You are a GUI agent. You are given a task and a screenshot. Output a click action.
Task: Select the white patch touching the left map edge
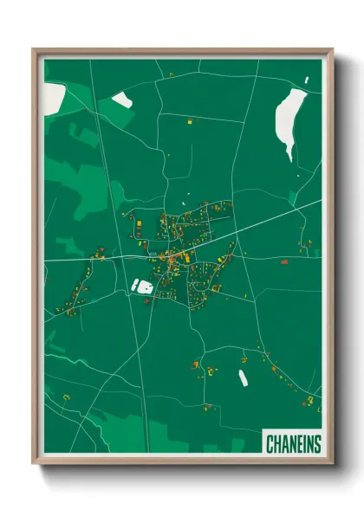tap(53, 96)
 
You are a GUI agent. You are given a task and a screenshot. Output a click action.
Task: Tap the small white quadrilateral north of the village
tap(122, 100)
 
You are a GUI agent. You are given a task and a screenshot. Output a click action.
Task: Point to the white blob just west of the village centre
tap(141, 285)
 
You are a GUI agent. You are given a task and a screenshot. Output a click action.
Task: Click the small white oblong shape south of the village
tap(244, 377)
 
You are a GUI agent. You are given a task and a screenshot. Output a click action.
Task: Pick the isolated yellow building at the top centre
tap(190, 124)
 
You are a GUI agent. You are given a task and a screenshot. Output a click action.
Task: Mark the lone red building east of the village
tap(283, 260)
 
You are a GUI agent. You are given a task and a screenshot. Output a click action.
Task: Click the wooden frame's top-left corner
tap(34, 50)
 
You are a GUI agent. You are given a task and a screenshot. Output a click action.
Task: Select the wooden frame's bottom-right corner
tap(332, 465)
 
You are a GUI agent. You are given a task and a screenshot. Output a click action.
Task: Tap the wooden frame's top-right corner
tap(332, 50)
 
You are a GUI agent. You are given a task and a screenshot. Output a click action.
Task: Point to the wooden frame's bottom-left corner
tap(34, 465)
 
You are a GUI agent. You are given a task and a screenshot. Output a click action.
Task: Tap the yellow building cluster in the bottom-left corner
tap(65, 397)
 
